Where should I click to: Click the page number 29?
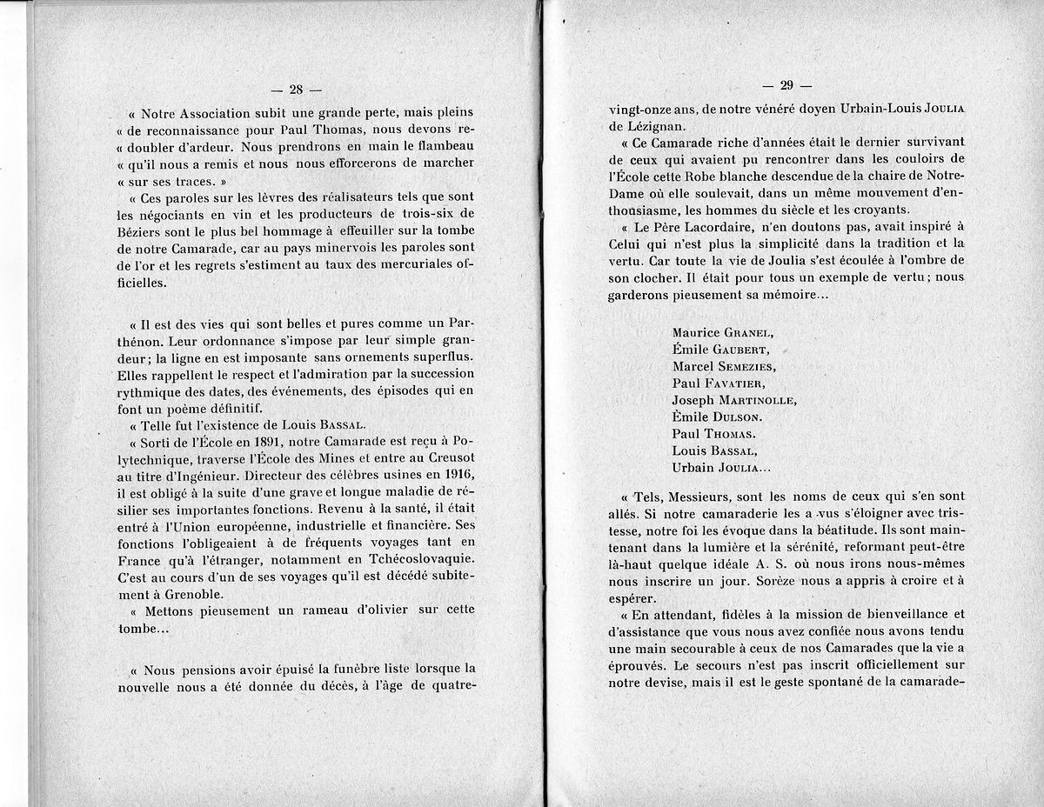pos(786,85)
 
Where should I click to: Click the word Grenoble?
pos(194,595)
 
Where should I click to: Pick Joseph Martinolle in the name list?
pos(733,400)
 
